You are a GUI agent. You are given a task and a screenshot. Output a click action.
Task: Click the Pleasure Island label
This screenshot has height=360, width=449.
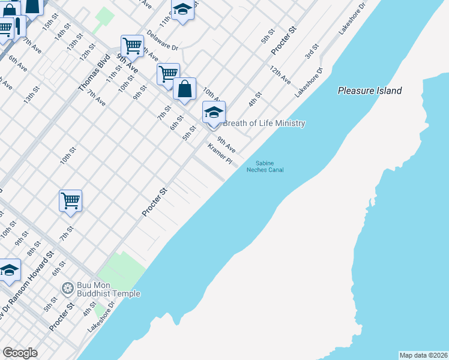pos(370,91)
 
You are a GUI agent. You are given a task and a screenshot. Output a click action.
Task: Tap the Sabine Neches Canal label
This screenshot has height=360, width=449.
pos(265,166)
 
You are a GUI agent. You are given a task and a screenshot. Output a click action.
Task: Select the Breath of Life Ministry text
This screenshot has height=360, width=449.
pos(264,124)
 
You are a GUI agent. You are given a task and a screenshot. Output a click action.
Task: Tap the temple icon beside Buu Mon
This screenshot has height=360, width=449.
pos(67,289)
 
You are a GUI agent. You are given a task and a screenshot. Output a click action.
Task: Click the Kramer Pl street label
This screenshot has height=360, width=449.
pos(220,154)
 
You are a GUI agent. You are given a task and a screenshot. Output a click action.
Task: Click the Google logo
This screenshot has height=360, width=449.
pos(20,353)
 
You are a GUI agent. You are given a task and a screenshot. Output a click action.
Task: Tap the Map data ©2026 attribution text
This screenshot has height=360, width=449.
pos(423,355)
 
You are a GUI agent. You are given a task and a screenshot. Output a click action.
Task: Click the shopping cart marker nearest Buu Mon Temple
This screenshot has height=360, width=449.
pos(70,201)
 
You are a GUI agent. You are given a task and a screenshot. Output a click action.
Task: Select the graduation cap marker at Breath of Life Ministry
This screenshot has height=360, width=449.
pos(214,112)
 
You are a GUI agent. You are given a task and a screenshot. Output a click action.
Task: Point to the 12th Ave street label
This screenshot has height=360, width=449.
pos(280,74)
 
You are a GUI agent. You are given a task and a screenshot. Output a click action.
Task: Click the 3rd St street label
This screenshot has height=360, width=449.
pos(311,52)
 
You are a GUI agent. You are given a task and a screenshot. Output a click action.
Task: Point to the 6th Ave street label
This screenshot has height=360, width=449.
pos(17,63)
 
